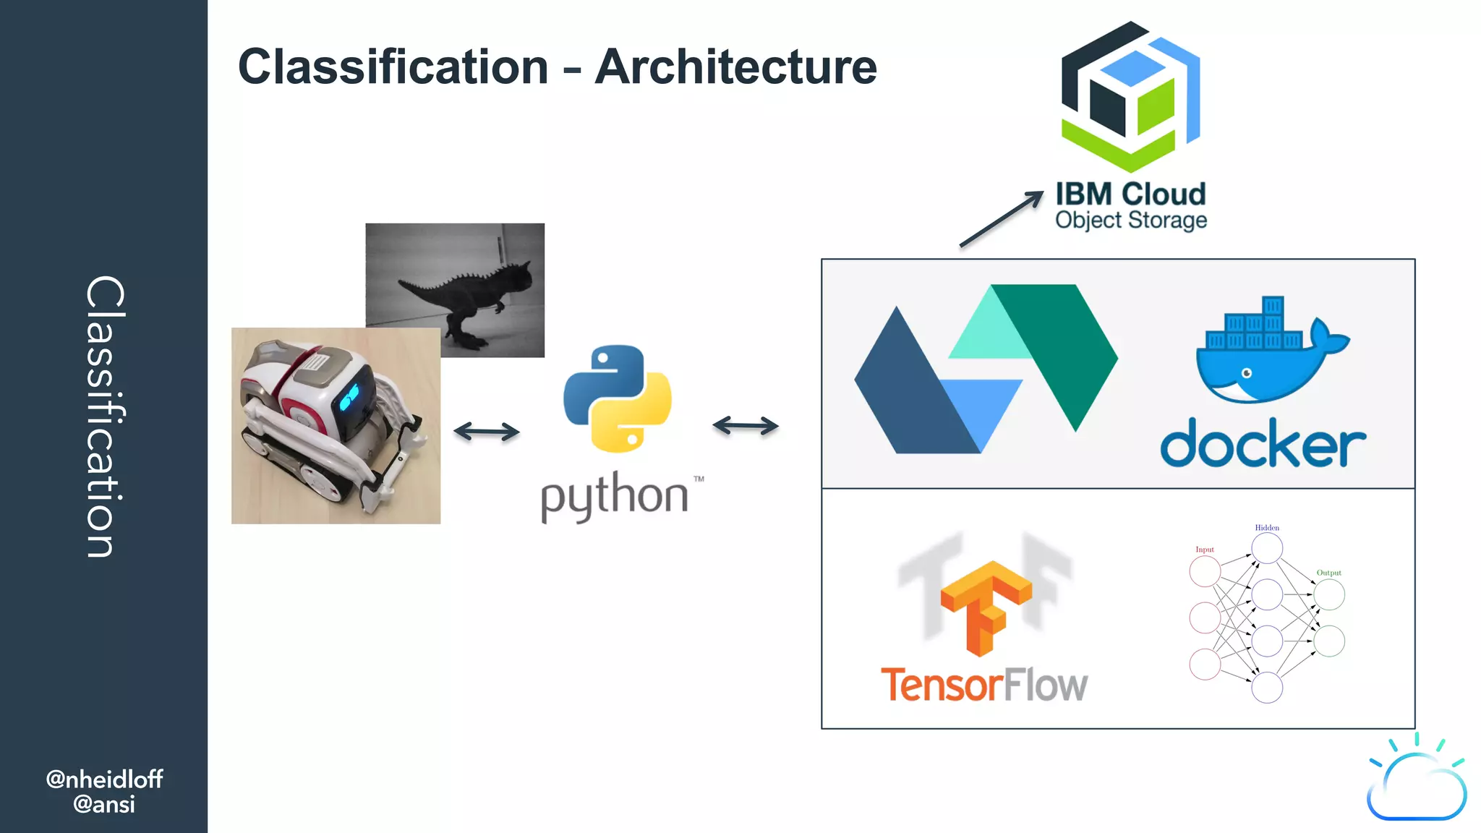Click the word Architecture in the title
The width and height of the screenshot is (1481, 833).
click(x=735, y=67)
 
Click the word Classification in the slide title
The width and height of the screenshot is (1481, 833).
click(x=393, y=67)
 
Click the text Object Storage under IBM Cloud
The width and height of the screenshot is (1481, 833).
click(x=1130, y=220)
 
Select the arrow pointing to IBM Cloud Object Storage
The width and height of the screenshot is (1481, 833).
click(x=1002, y=218)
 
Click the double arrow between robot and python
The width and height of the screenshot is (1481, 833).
click(x=486, y=432)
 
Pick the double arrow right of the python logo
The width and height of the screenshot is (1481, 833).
click(x=745, y=425)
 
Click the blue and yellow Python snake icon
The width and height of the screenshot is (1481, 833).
click(x=617, y=398)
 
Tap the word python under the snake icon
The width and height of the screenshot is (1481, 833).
click(x=615, y=496)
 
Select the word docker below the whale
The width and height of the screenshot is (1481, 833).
click(x=1263, y=443)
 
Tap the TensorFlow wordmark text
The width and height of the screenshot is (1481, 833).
click(x=983, y=684)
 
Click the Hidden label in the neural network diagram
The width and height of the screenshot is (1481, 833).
click(x=1267, y=528)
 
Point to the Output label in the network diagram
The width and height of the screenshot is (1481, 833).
click(x=1328, y=573)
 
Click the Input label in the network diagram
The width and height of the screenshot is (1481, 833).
click(x=1205, y=550)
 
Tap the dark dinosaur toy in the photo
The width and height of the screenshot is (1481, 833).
click(x=470, y=296)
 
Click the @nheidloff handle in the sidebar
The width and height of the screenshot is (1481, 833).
click(x=104, y=779)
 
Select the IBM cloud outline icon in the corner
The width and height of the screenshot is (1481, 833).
click(x=1416, y=785)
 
